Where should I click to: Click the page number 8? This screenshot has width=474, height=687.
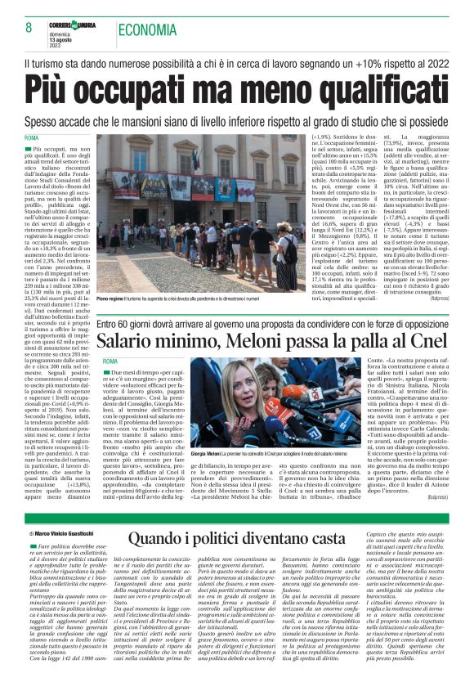[x=18, y=29]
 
